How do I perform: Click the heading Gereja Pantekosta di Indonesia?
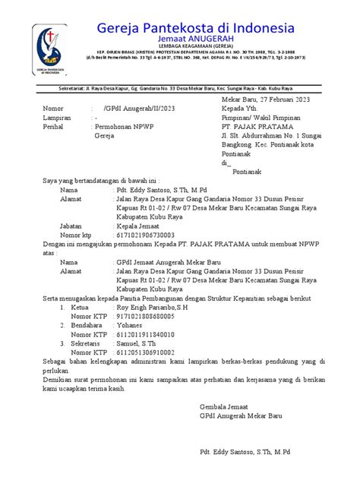click(202, 28)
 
